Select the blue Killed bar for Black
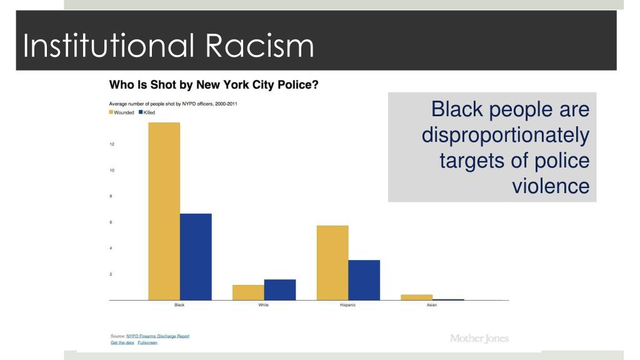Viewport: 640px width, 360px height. pos(196,257)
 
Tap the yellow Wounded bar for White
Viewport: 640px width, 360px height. pos(248,292)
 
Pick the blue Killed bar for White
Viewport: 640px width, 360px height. pos(280,290)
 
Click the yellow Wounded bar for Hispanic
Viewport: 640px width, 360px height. pos(332,262)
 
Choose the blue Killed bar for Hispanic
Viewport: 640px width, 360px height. pos(364,280)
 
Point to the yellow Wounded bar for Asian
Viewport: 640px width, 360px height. pos(417,297)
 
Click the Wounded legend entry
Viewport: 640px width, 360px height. pos(122,112)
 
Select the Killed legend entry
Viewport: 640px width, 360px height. pos(148,112)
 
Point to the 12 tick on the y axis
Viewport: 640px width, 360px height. pos(112,144)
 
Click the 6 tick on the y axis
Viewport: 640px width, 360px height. pos(112,222)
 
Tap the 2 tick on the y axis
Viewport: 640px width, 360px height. pos(112,274)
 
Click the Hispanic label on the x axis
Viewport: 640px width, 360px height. pos(348,305)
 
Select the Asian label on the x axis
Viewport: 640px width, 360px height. pos(432,305)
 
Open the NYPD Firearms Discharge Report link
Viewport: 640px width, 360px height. pos(157,336)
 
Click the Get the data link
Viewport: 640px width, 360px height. pos(122,343)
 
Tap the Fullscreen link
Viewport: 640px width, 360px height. pos(148,343)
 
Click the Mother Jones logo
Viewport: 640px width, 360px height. pos(479,338)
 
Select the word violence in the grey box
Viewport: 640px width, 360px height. pos(551,186)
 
